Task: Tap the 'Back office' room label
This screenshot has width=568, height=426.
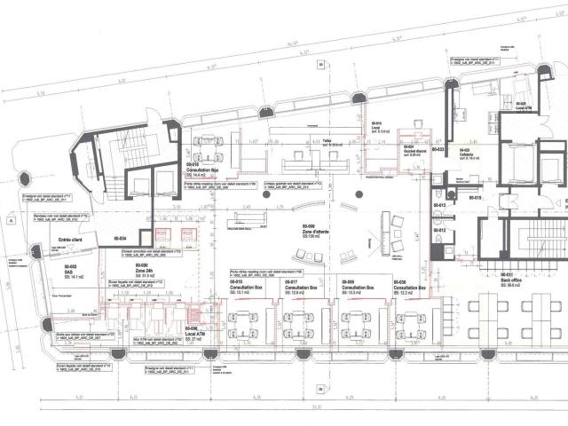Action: [512, 280]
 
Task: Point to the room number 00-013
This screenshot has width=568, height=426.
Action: [438, 206]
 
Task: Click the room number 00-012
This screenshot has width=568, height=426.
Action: [438, 231]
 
